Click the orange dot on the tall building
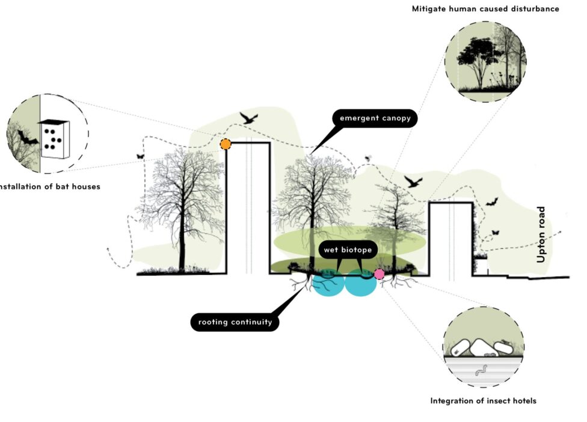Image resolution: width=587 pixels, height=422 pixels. (x=225, y=144)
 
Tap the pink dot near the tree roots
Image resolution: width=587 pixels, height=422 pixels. (x=380, y=274)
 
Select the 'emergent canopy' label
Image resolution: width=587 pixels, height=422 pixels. (x=375, y=118)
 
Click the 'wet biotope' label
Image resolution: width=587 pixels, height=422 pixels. (x=348, y=249)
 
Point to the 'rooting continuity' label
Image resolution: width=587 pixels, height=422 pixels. (x=235, y=322)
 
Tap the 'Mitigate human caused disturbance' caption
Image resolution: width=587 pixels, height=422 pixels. (x=485, y=9)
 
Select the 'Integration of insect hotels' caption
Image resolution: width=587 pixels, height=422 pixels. (x=483, y=400)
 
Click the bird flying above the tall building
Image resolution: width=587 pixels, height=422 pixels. (x=248, y=117)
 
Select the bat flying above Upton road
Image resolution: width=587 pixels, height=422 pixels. (x=492, y=203)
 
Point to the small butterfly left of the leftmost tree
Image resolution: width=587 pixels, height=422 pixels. (x=141, y=156)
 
